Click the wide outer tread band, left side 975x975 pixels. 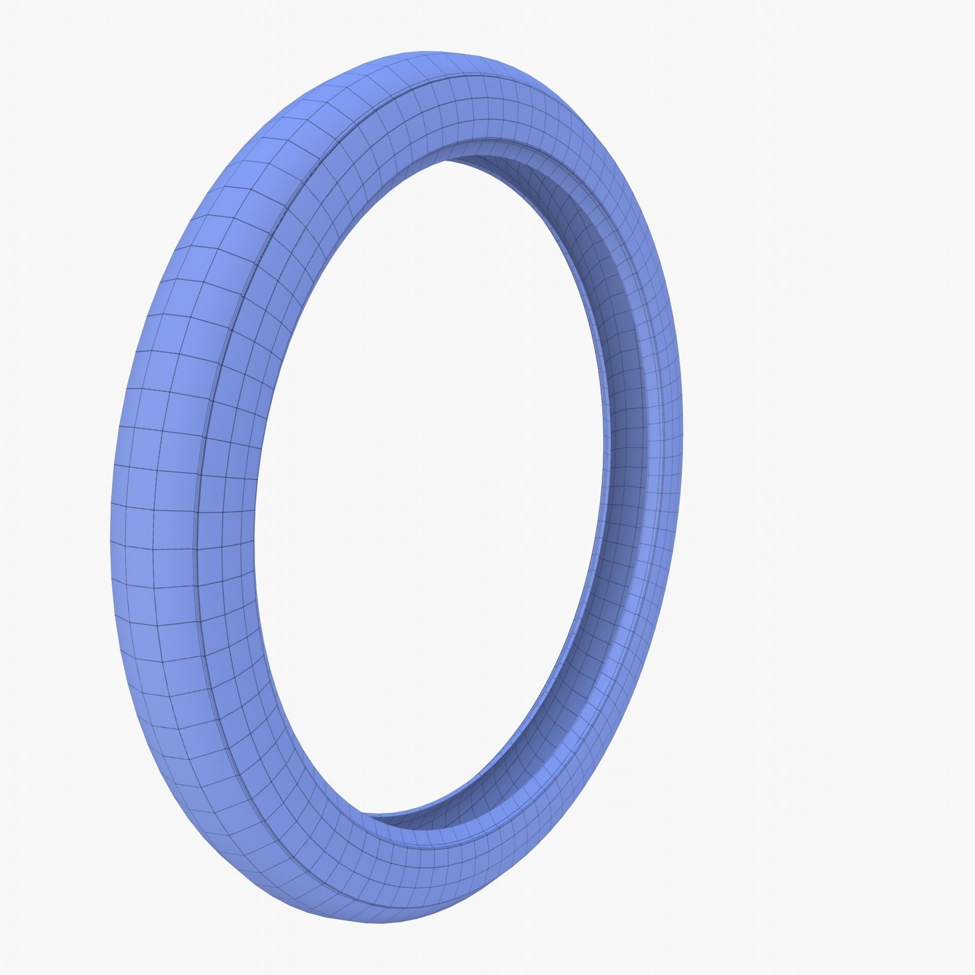tap(152, 508)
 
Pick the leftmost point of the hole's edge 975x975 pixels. tap(254, 508)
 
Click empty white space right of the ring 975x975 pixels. tap(838, 487)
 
